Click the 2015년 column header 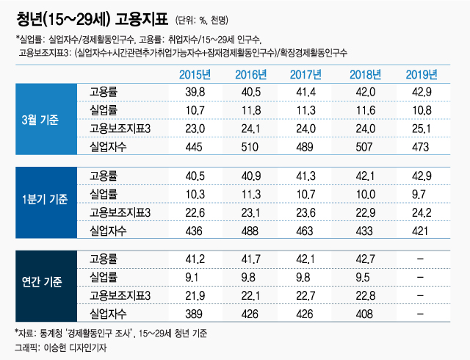196,73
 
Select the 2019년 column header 422,73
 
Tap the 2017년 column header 308,73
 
